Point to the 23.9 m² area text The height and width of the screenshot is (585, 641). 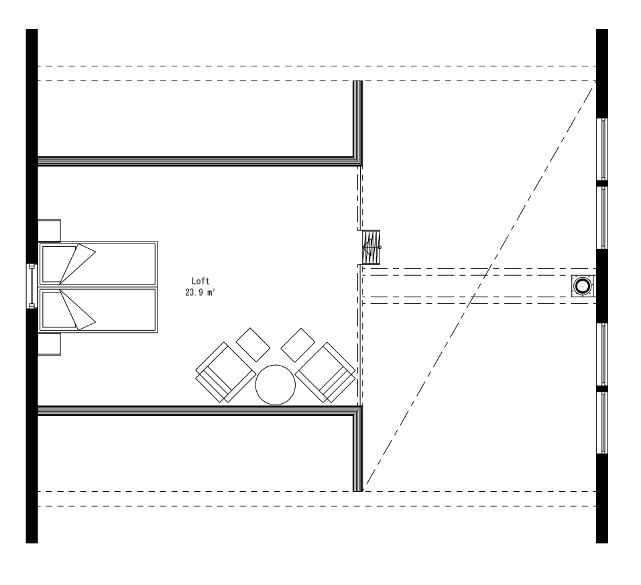coord(200,292)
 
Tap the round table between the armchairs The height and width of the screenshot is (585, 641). coord(275,385)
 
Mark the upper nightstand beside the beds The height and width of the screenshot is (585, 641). coord(50,230)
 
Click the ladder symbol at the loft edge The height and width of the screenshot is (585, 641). coord(371,246)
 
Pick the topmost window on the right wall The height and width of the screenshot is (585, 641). coord(603,149)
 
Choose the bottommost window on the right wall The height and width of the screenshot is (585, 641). coord(603,423)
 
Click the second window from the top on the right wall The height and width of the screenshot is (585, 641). coord(603,217)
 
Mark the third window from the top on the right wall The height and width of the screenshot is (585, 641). coord(603,354)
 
